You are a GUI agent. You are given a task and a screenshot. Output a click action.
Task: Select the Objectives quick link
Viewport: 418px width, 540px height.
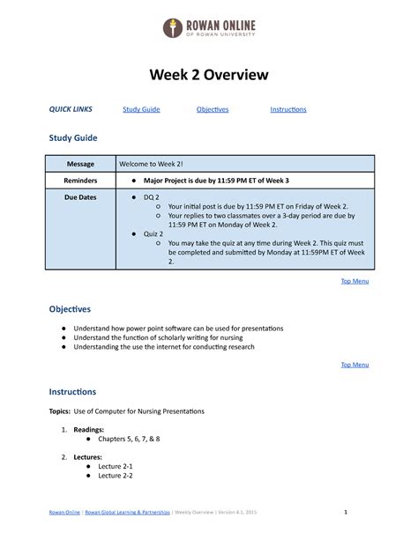tap(212, 109)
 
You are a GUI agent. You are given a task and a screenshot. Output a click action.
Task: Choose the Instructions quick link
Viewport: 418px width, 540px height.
tap(287, 109)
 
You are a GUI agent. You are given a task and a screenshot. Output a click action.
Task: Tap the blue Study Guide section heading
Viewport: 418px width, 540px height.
tap(72, 138)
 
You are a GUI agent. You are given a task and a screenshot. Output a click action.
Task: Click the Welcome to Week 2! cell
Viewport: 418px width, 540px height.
tap(151, 164)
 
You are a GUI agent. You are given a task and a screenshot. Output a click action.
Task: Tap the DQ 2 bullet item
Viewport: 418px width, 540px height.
tap(153, 198)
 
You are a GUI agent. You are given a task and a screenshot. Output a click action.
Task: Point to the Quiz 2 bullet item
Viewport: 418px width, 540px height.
tap(154, 233)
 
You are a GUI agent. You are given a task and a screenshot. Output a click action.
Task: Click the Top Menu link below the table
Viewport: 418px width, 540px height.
tap(354, 281)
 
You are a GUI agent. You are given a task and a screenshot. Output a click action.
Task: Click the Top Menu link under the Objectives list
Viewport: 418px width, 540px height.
tap(354, 364)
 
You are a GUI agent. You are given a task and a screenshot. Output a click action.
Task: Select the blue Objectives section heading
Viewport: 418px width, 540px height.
tap(70, 309)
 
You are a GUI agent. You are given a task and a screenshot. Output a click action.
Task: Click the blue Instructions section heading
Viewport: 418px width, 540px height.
tap(71, 391)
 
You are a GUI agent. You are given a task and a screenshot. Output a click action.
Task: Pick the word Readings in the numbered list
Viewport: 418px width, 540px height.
tap(89, 425)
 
